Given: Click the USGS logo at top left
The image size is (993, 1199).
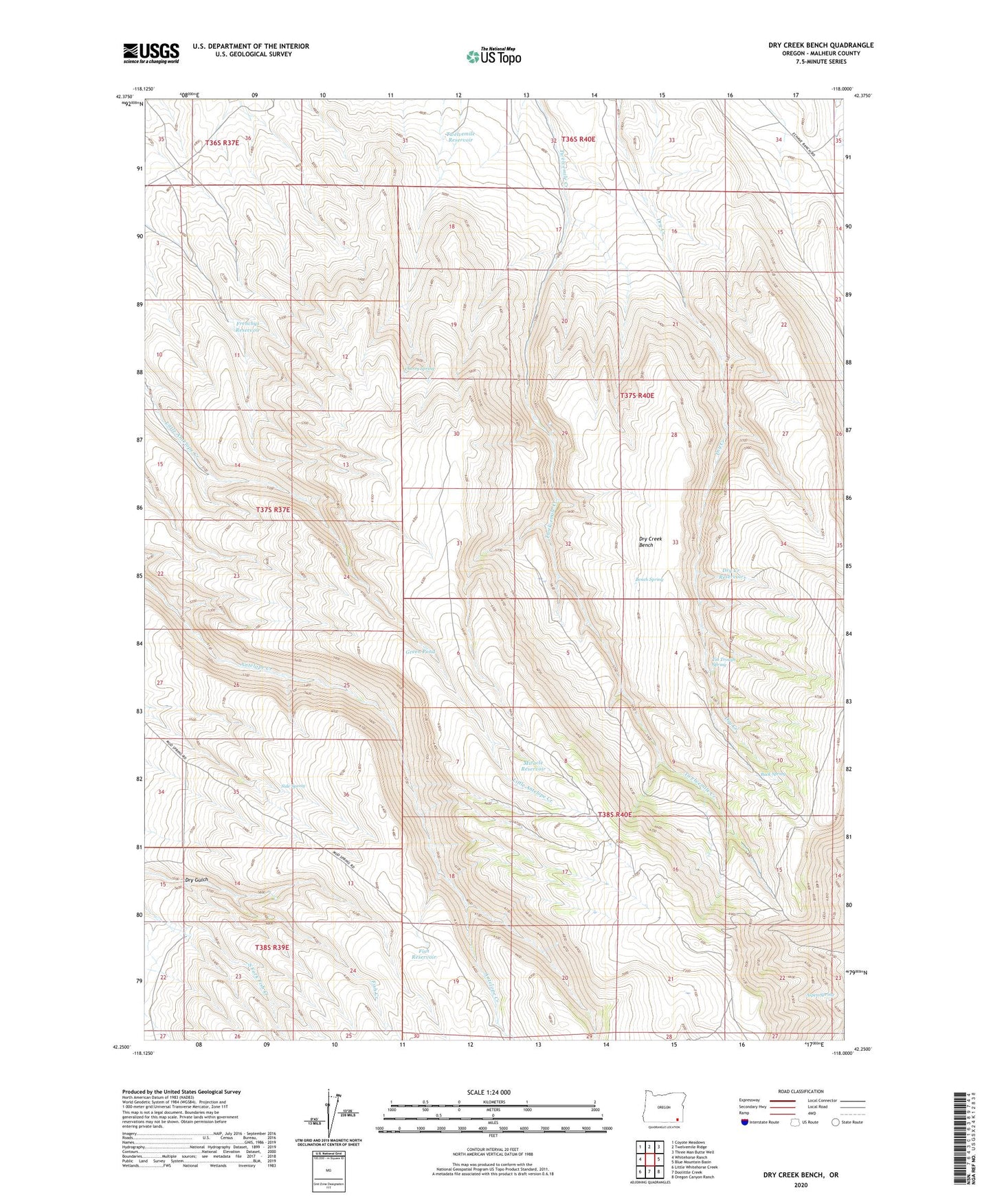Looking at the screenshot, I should (150, 53).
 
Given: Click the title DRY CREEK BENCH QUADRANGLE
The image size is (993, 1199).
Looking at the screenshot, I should (821, 45).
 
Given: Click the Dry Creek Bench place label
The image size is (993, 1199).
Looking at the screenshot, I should (650, 542).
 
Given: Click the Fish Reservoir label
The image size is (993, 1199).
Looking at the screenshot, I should (424, 953).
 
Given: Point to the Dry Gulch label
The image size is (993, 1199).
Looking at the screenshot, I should (196, 879).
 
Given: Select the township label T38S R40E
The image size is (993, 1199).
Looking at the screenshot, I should (614, 814).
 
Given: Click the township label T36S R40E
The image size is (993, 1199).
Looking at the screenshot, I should (578, 139).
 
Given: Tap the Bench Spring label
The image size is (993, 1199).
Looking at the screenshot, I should (649, 580).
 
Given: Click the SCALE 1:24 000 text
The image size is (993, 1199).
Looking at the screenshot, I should (492, 1093).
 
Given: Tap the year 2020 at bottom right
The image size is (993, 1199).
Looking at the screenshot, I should (800, 1185).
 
